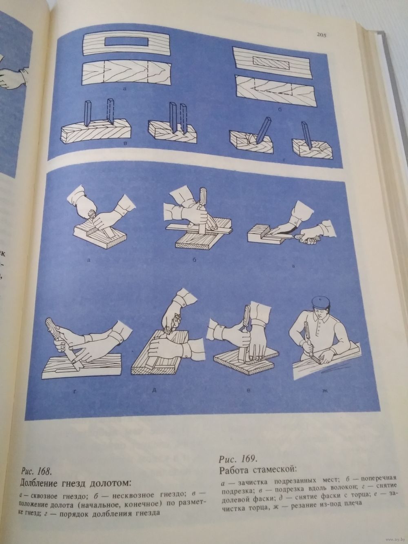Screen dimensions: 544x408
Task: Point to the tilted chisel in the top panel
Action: click(x=262, y=131)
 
